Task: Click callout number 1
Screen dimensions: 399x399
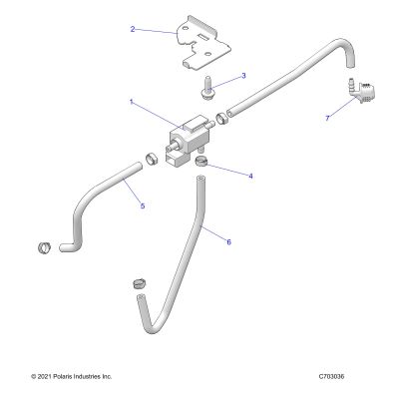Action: tap(132, 102)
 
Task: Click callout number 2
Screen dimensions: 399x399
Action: tap(133, 29)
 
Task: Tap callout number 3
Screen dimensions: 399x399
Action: tap(243, 76)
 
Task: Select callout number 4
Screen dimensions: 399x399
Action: tap(250, 176)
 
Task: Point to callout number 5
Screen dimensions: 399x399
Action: tap(143, 206)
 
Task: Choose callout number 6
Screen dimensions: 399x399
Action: tap(228, 242)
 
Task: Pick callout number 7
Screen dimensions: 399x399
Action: tap(327, 118)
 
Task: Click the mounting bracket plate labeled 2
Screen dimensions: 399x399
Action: tap(202, 43)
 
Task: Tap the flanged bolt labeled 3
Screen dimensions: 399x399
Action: tap(206, 88)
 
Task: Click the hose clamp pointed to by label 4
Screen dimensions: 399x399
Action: tap(200, 161)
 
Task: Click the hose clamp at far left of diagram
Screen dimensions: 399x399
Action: tap(44, 248)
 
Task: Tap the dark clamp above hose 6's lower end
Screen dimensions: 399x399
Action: tap(140, 284)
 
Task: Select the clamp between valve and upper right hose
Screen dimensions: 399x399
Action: tap(221, 119)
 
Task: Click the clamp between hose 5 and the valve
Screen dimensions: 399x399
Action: tap(152, 159)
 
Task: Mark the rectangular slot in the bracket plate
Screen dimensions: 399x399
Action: tap(203, 37)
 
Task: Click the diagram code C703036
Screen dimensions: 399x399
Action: tap(331, 376)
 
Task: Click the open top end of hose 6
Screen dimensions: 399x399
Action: tap(200, 180)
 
